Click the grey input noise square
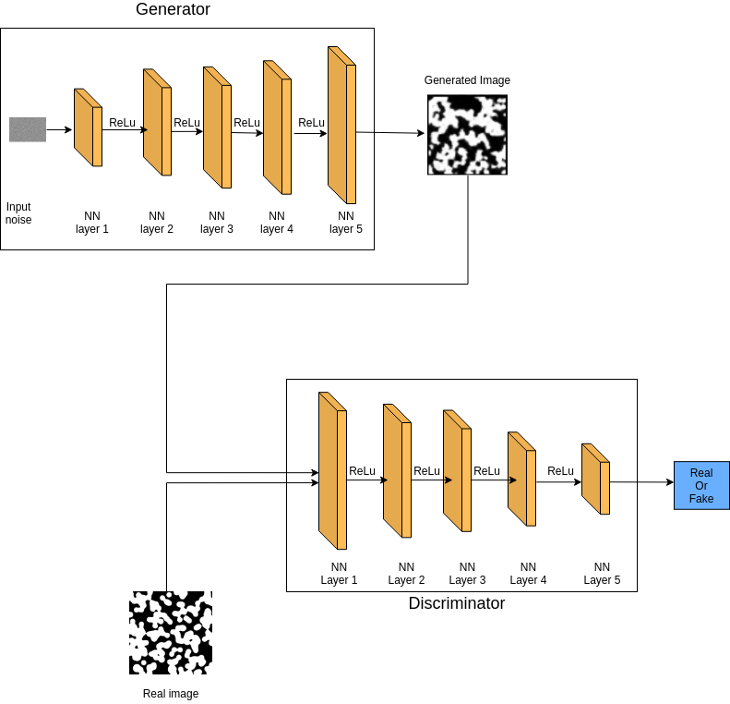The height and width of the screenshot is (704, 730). [x=28, y=129]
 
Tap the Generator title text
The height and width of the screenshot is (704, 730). [x=173, y=10]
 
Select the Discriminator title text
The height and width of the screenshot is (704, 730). [x=457, y=603]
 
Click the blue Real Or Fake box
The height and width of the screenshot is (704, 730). [x=701, y=485]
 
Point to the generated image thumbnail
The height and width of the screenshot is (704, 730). [x=468, y=135]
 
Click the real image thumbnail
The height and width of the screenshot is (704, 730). [x=171, y=633]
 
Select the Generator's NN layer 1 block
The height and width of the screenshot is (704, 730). [x=88, y=127]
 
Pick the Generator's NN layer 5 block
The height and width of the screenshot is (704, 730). [x=341, y=125]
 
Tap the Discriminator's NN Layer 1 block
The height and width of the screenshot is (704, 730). [x=332, y=471]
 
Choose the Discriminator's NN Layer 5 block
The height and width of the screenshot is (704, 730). [x=595, y=479]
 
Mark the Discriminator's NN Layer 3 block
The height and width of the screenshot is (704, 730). [x=458, y=471]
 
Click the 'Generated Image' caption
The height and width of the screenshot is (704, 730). [x=467, y=80]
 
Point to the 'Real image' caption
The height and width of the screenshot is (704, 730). [x=171, y=694]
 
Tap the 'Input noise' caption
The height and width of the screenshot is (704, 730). [x=18, y=213]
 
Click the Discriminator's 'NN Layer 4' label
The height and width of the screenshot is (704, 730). [x=528, y=574]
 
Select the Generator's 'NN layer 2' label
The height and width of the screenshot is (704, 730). [x=157, y=223]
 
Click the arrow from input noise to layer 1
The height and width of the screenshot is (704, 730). [x=59, y=129]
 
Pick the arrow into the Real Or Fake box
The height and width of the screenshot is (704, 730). [x=641, y=482]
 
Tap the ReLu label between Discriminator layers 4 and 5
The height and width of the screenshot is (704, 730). [x=561, y=471]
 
